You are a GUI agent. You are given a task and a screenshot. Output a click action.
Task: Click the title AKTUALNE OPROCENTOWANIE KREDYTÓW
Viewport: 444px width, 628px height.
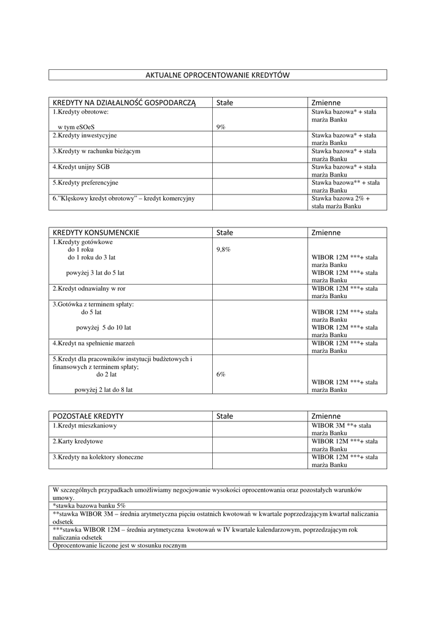217,75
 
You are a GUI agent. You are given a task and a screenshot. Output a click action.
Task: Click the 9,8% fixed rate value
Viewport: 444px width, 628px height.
223,250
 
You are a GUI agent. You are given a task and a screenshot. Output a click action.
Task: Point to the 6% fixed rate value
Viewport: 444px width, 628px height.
221,374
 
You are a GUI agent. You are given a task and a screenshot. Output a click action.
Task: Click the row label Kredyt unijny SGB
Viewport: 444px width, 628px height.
81,167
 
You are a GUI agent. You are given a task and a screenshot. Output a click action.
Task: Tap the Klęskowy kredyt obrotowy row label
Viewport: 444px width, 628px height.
123,199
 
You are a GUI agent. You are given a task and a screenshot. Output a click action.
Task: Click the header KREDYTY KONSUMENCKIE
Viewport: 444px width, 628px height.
96,232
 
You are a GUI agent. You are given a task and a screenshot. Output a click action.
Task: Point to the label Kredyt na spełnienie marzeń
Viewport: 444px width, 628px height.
93,343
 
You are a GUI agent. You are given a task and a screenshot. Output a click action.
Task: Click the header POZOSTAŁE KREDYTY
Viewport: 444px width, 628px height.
88,416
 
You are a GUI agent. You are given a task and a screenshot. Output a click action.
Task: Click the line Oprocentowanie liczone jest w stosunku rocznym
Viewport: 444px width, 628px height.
120,545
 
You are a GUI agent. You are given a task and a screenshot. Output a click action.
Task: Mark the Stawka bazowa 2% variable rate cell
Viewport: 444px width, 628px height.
341,202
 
